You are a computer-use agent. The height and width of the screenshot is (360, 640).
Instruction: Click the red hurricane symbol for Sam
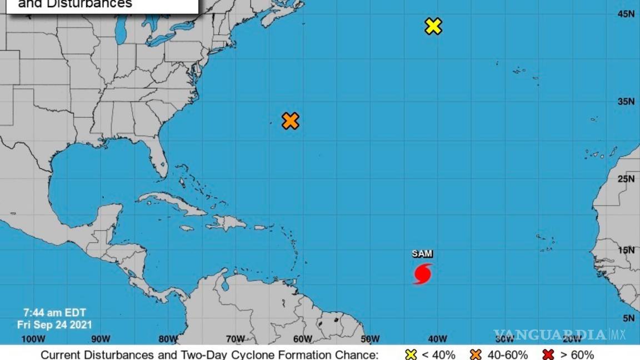pyautogui.click(x=423, y=274)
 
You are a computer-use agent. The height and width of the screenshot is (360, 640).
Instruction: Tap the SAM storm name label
pyautogui.click(x=422, y=254)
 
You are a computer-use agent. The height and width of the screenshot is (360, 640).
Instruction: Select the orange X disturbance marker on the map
pyautogui.click(x=290, y=121)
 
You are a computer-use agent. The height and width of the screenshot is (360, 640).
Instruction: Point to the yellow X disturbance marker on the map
pyautogui.click(x=433, y=26)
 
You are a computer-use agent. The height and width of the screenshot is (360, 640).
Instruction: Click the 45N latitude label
pyautogui.click(x=626, y=14)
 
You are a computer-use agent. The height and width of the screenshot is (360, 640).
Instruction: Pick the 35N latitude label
pyautogui.click(x=626, y=102)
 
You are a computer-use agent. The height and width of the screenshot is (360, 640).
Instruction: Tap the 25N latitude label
pyautogui.click(x=626, y=178)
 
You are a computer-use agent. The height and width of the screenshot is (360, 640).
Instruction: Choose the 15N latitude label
pyautogui.click(x=626, y=250)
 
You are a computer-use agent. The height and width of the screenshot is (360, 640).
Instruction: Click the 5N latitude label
pyautogui.click(x=628, y=318)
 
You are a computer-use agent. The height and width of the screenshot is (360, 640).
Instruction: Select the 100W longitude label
pyautogui.click(x=32, y=339)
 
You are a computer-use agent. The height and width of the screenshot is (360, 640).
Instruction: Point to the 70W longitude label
pyautogui.click(x=235, y=339)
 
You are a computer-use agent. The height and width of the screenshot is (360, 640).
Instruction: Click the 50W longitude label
pyautogui.click(x=370, y=339)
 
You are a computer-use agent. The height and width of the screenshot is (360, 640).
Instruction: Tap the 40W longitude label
pyautogui.click(x=437, y=339)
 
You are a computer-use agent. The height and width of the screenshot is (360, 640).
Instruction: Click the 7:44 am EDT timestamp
pyautogui.click(x=54, y=313)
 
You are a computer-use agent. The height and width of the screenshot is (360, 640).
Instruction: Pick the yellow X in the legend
pyautogui.click(x=411, y=354)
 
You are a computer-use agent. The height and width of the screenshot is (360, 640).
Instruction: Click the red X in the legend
pyautogui.click(x=549, y=354)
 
